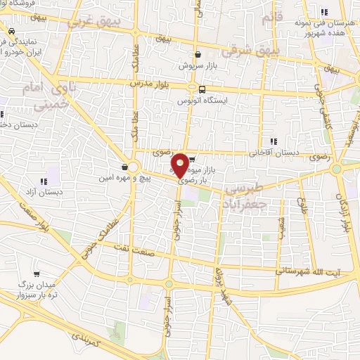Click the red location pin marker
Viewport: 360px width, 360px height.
pyautogui.click(x=180, y=165)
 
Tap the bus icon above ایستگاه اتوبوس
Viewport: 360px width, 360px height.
pyautogui.click(x=202, y=89)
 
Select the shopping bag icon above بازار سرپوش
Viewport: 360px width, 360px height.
pyautogui.click(x=198, y=54)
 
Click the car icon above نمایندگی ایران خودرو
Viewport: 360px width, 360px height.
pyautogui.click(x=12, y=32)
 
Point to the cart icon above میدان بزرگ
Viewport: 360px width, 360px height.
pyautogui.click(x=36, y=274)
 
